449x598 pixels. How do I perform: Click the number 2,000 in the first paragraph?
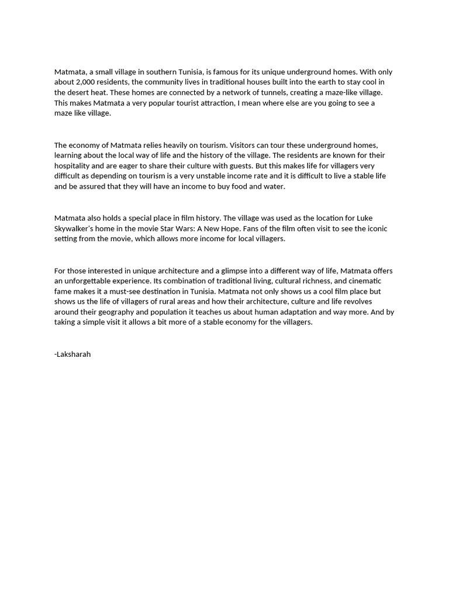pos(89,82)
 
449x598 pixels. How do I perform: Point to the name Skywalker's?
pos(78,229)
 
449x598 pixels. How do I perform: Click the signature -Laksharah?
pos(72,354)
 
